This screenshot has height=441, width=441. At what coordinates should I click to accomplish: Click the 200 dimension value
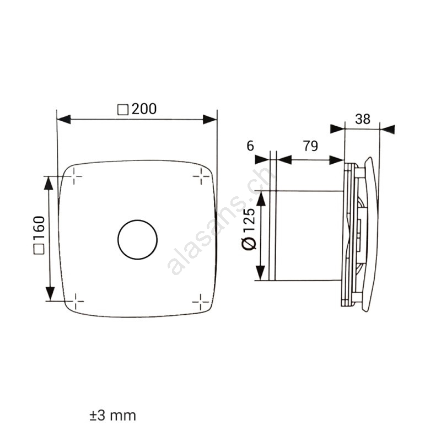(144, 109)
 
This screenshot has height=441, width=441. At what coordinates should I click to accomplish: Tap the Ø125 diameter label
(249, 228)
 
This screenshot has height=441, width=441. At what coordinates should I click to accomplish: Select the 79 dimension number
(310, 146)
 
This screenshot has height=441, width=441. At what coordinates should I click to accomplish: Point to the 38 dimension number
(363, 119)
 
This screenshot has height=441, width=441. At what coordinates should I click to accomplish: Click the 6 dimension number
(250, 146)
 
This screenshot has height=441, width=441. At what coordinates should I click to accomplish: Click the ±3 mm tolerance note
(113, 416)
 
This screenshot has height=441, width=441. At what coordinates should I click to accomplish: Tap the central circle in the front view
(137, 220)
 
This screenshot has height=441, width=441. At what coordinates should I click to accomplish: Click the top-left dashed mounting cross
(74, 176)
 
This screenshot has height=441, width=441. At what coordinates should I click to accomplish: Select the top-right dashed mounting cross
(201, 176)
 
